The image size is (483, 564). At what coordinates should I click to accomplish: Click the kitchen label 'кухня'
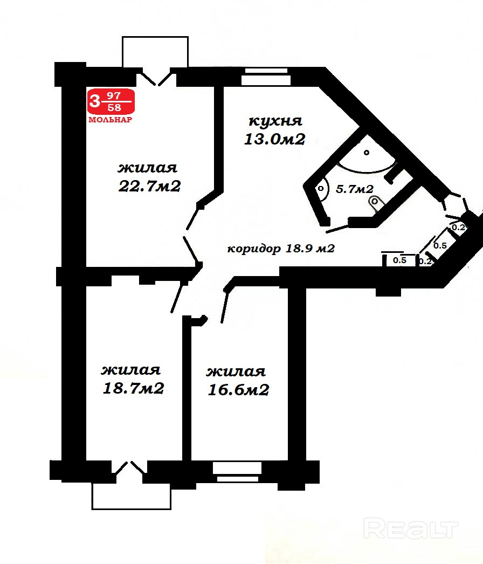(275, 121)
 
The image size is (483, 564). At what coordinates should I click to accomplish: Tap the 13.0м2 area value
(275, 139)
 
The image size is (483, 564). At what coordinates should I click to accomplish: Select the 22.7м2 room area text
(149, 187)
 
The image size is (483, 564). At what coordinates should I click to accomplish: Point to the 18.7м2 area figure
(134, 388)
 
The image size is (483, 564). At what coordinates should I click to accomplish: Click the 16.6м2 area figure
(238, 389)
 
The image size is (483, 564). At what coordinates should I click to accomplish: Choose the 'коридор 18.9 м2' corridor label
(281, 249)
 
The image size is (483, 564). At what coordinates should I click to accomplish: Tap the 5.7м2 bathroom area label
(355, 189)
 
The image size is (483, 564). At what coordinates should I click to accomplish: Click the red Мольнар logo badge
(111, 106)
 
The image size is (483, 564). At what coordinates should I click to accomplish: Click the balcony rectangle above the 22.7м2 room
(155, 52)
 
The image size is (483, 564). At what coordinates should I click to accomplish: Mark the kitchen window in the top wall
(266, 77)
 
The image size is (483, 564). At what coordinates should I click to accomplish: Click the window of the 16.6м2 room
(237, 472)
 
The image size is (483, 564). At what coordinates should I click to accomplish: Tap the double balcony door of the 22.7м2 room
(156, 79)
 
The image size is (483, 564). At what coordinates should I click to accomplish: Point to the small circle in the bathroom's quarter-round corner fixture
(367, 153)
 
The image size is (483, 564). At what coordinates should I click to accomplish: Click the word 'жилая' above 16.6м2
(236, 372)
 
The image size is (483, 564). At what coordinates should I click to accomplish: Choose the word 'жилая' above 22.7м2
(148, 168)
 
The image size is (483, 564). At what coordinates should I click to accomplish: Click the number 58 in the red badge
(114, 107)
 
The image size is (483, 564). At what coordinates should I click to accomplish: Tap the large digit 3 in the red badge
(94, 101)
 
